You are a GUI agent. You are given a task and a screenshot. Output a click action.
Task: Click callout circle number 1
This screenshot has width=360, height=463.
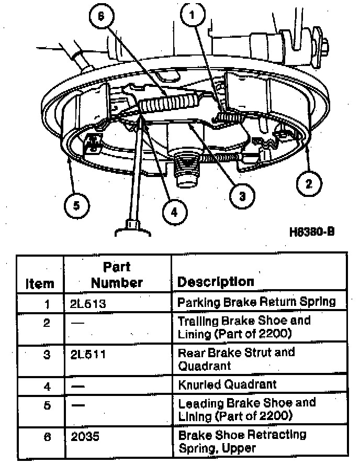[x=193, y=14]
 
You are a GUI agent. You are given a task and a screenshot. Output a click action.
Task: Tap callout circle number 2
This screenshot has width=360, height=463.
[x=309, y=184]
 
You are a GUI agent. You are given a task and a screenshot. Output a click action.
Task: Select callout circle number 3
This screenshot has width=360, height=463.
[x=242, y=196]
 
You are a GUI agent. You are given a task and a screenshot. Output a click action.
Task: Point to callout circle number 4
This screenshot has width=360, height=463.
[x=174, y=212]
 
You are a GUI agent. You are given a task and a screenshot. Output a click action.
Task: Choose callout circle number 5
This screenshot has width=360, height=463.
[x=77, y=205]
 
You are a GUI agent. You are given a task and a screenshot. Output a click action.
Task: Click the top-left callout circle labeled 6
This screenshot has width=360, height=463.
[x=101, y=16]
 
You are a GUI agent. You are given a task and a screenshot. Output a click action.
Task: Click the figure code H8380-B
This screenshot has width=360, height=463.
[x=312, y=232]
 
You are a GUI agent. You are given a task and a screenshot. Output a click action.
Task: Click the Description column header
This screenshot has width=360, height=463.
[x=216, y=282]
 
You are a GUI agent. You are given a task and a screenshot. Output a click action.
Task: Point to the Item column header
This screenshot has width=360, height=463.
[x=40, y=284]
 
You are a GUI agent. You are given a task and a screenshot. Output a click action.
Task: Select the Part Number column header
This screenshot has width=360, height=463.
[x=117, y=275]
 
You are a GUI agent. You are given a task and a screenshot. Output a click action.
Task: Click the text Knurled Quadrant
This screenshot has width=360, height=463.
[x=227, y=384]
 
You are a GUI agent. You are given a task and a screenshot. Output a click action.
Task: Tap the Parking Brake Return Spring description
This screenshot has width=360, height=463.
[x=256, y=302]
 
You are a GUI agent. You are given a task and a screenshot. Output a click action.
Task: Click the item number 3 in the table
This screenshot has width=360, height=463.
[x=47, y=355]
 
